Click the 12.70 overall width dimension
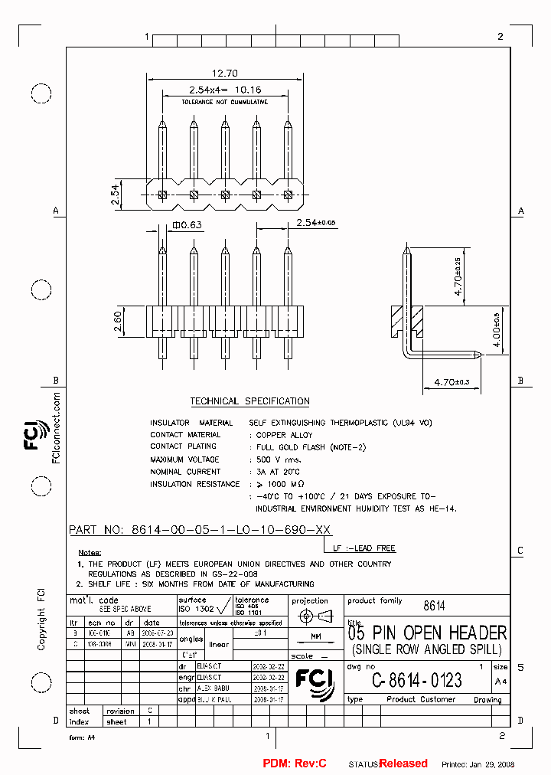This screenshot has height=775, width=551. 225,74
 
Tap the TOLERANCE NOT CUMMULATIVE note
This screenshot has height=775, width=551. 224,102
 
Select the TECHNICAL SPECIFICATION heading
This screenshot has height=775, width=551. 249,401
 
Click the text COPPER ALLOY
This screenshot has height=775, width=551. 284,435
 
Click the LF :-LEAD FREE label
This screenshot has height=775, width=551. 364,549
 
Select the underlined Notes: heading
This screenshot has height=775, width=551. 90,552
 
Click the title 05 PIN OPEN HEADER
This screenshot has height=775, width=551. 427,633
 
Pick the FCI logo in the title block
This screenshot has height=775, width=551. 315,682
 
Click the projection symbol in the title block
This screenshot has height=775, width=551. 315,616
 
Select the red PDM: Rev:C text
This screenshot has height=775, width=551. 295,764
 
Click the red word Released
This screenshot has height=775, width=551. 403,764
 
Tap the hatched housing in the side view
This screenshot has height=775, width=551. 407,319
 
